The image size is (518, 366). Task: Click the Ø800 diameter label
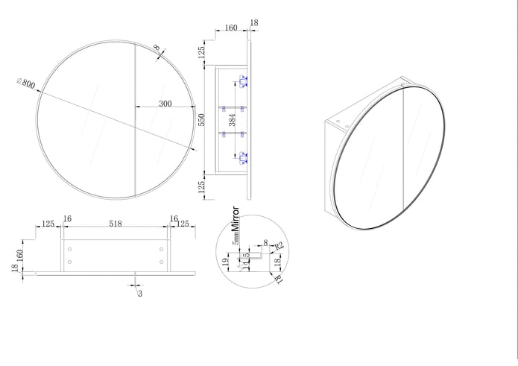click(x=25, y=83)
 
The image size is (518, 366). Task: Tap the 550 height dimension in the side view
click(x=201, y=120)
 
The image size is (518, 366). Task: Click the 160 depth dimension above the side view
click(x=231, y=28)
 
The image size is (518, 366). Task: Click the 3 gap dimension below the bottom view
click(x=139, y=293)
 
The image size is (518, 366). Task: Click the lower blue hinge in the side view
click(x=242, y=157)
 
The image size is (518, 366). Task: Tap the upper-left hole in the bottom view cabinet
click(x=69, y=248)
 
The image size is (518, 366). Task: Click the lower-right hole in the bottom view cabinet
click(x=161, y=261)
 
